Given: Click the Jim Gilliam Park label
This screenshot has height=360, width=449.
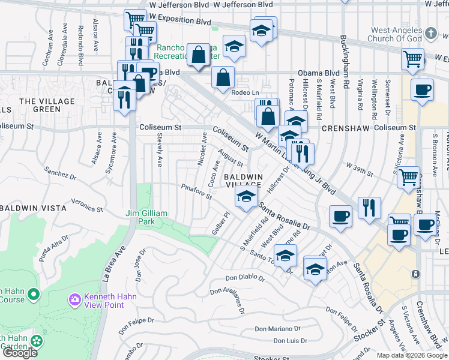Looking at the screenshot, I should (x=140, y=217).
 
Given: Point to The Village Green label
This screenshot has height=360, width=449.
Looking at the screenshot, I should (x=47, y=105).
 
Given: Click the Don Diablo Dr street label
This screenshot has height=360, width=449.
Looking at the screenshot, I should (x=245, y=278).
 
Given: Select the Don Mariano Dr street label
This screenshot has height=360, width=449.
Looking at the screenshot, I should (x=277, y=329).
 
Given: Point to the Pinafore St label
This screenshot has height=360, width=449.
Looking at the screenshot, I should (x=197, y=193).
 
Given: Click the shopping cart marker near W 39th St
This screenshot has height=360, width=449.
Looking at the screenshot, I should (x=408, y=176).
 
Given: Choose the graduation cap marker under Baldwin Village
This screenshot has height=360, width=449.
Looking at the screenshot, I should (x=246, y=196).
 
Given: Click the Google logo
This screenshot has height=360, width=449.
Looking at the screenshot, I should (x=19, y=353).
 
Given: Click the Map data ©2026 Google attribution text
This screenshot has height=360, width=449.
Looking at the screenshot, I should (x=411, y=355).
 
